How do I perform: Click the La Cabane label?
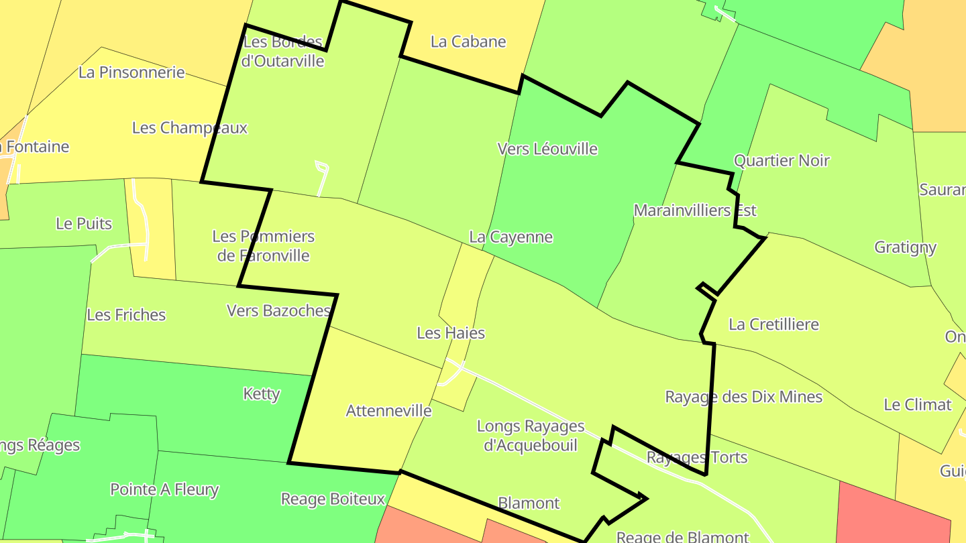[468, 42]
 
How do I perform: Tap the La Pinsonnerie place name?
[131, 72]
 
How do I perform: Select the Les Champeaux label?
[190, 127]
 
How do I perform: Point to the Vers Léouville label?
[547, 149]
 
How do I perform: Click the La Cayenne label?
[511, 237]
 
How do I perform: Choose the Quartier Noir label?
[782, 161]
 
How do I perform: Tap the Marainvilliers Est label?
[695, 210]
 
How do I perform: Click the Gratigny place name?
[905, 247]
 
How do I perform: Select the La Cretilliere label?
[773, 324]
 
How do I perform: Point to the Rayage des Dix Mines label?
[743, 397]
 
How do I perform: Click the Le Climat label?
[917, 405]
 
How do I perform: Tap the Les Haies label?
[451, 333]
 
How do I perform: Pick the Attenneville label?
[388, 411]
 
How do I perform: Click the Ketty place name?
[262, 394]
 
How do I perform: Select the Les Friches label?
[126, 314]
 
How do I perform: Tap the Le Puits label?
[84, 224]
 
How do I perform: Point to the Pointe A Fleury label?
[164, 489]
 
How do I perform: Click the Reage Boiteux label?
[333, 499]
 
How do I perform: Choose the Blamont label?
[529, 503]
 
